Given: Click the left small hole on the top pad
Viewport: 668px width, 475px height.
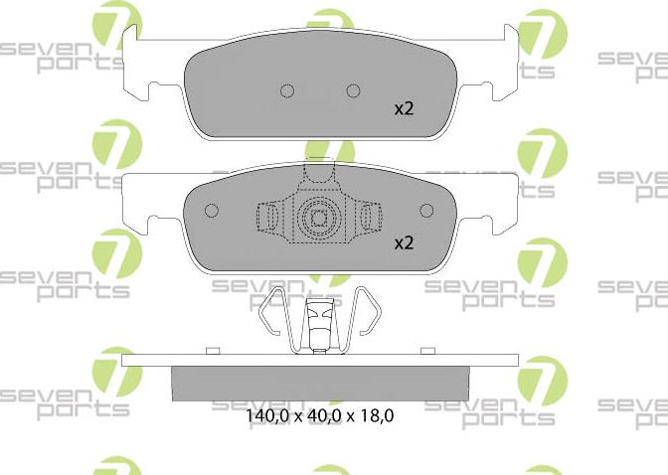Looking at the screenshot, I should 287,90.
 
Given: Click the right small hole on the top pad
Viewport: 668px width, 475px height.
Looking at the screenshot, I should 351,90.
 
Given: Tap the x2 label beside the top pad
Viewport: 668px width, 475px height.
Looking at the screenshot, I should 404,108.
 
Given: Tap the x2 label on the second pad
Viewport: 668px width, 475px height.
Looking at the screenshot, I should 404,241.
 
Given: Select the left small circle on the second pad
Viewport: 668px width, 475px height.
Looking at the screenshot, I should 211,211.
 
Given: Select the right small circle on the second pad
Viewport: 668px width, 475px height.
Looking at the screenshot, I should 427,211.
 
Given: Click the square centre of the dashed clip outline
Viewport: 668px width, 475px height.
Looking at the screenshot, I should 319,217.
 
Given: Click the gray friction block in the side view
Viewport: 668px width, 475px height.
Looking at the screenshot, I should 319,383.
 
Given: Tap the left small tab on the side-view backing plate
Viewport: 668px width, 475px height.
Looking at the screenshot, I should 209,350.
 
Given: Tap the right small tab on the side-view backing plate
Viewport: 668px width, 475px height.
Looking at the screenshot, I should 429,350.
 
